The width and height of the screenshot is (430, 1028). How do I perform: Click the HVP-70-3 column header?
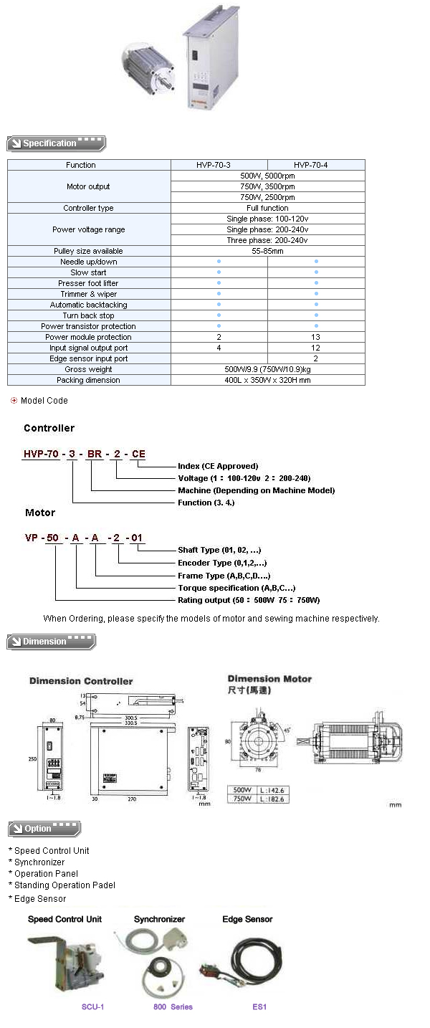point(219,165)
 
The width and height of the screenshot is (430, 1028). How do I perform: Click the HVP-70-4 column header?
point(316,165)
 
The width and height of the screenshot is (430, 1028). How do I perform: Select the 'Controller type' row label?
point(88,208)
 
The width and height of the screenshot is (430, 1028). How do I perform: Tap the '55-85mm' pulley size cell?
point(267,251)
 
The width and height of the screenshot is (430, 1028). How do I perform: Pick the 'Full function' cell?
point(267,208)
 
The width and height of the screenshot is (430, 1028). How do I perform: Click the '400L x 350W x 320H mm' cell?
point(267,380)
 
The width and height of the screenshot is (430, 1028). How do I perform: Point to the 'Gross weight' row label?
point(88,369)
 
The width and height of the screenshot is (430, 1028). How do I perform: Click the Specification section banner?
point(56,143)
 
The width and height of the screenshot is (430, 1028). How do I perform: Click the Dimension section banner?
point(51,642)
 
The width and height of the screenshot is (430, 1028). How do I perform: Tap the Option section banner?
point(44,829)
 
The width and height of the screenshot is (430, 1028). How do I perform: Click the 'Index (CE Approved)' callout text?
point(217,466)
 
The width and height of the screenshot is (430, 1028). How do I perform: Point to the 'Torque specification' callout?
point(236,588)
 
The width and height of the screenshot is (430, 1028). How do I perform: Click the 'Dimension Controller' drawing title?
point(81,681)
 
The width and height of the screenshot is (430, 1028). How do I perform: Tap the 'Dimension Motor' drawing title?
point(269,678)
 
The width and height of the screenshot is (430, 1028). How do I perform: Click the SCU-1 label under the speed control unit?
point(92,1006)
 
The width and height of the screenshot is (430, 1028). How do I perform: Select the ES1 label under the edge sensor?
point(259,1006)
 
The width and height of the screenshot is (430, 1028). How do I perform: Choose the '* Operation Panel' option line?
point(43,874)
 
